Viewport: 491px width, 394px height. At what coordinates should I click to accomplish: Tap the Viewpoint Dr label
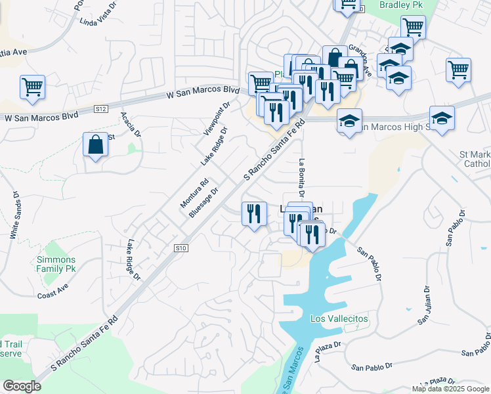[217, 118]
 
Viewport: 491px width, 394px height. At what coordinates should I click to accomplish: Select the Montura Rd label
[194, 193]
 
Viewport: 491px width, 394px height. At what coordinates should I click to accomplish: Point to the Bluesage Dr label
[203, 201]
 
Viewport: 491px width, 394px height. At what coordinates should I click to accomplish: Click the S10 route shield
[182, 248]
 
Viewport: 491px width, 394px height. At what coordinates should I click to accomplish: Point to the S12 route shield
[100, 108]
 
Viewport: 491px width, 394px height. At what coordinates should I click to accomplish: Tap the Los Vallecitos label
[339, 318]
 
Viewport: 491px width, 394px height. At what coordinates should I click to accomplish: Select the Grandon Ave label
[360, 60]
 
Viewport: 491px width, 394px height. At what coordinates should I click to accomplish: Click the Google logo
[22, 386]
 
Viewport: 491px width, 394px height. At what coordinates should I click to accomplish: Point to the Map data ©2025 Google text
[450, 389]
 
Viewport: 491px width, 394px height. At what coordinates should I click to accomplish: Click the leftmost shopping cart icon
[32, 87]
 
